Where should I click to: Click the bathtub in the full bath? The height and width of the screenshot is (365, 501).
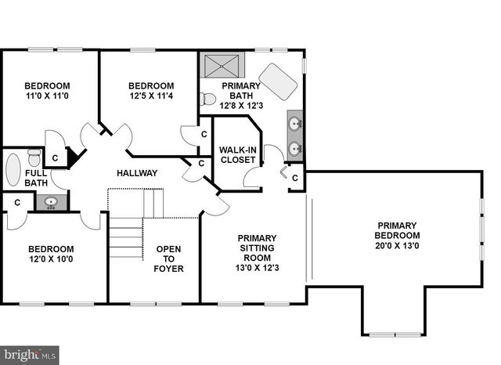point(13,168)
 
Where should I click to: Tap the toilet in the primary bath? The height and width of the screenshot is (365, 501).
point(207,99)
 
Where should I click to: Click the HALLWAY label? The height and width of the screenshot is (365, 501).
point(137,173)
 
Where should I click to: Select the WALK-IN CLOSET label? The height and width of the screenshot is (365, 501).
point(237,154)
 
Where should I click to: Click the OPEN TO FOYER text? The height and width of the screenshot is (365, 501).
point(170,259)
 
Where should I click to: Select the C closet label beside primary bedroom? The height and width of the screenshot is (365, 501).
point(294,178)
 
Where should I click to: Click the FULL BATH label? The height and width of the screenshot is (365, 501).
point(36,178)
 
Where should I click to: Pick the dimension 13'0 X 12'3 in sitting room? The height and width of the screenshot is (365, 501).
point(255,269)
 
